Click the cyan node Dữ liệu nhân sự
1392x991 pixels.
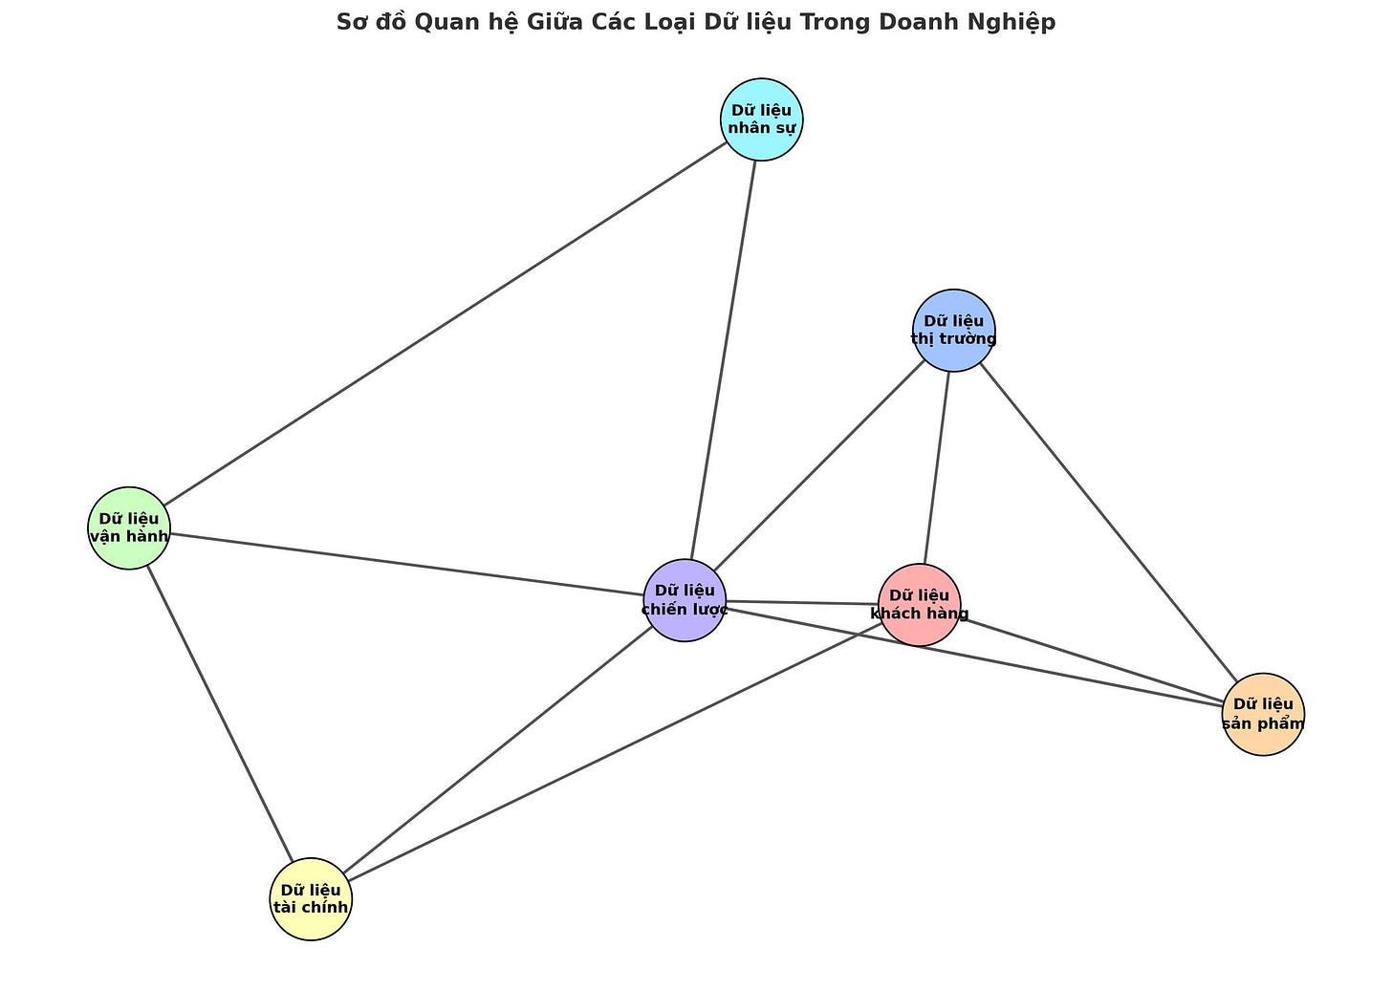761,119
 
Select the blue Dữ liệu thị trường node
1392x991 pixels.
953,330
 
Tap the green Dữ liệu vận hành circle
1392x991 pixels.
129,528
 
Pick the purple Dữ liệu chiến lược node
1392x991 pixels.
685,600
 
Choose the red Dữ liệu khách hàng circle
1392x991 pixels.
919,605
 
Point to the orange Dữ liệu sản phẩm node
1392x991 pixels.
1263,714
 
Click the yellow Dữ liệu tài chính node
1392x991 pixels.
311,899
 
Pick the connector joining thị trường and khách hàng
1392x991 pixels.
937,467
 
